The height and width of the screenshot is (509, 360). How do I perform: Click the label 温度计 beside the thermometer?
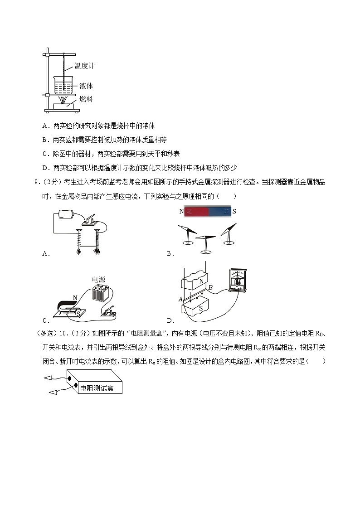pyautogui.click(x=84, y=66)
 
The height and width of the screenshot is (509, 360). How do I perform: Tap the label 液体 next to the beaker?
pyautogui.click(x=86, y=86)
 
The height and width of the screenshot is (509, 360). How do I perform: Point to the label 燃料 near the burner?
pyautogui.click(x=86, y=99)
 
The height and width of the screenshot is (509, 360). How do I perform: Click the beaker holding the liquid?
pyautogui.click(x=63, y=85)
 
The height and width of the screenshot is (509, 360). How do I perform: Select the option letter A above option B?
pyautogui.click(x=44, y=126)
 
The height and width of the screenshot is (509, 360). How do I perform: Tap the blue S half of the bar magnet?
pyautogui.click(x=220, y=211)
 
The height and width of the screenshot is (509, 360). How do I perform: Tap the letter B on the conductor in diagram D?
pyautogui.click(x=210, y=287)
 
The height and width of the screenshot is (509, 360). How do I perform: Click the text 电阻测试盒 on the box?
pyautogui.click(x=97, y=388)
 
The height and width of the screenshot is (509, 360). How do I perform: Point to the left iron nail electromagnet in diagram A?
pyautogui.click(x=79, y=241)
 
